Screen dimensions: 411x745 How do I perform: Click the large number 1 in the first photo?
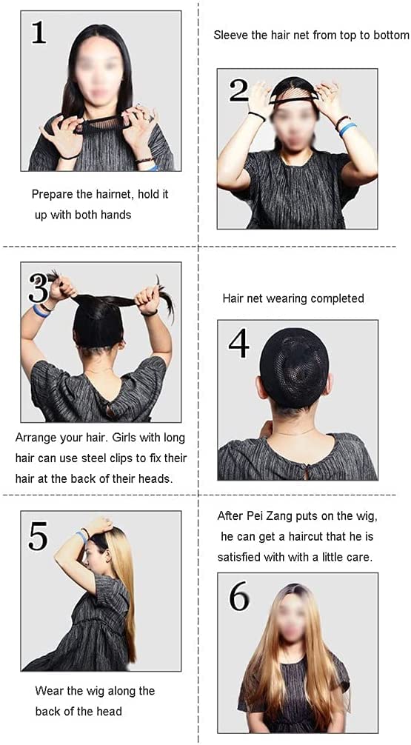click(x=39, y=33)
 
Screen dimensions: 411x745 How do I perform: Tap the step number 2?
click(x=238, y=91)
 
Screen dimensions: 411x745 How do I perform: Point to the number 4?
click(x=238, y=344)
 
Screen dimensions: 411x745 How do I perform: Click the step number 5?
click(x=39, y=536)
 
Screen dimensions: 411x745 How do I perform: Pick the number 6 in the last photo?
click(x=239, y=597)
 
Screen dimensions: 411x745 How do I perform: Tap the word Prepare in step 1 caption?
click(x=50, y=195)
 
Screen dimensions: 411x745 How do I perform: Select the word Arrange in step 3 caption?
click(x=33, y=438)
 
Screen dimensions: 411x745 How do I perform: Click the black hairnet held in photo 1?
click(x=103, y=124)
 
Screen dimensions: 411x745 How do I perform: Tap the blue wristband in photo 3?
click(x=41, y=312)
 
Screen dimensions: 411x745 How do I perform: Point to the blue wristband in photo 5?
click(x=82, y=536)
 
